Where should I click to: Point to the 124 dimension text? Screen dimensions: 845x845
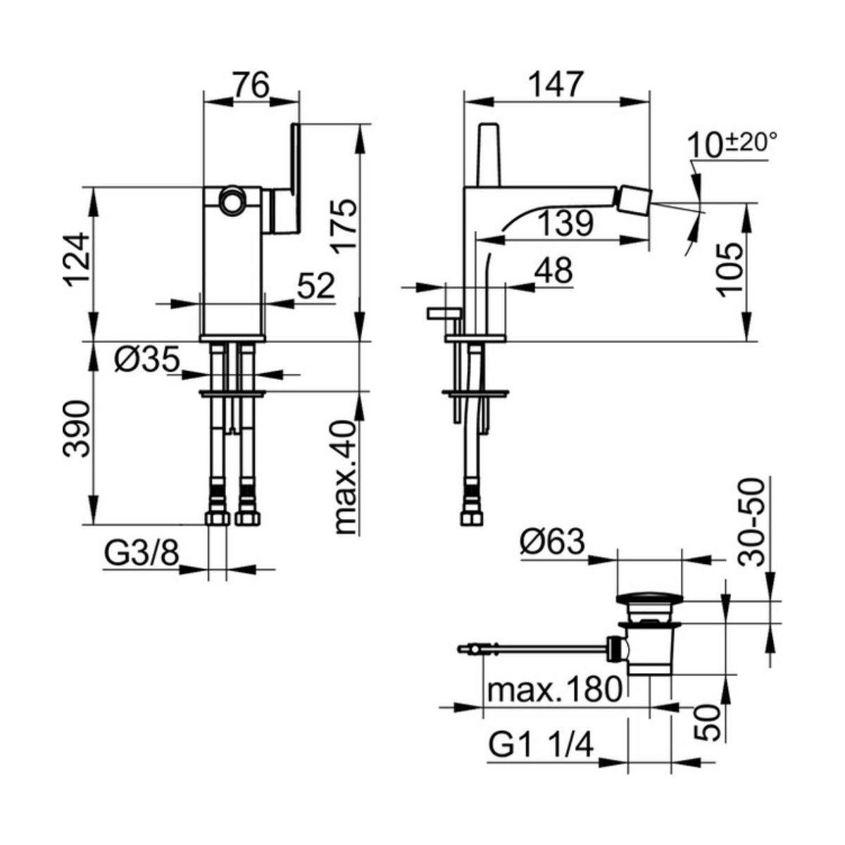click(x=77, y=260)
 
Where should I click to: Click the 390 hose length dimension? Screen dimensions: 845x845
click(x=77, y=429)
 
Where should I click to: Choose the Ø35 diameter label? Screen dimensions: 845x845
click(x=147, y=359)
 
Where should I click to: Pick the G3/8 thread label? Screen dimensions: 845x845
click(x=142, y=553)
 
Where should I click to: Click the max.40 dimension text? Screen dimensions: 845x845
click(x=346, y=477)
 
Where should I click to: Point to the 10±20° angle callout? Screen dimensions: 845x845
click(x=732, y=145)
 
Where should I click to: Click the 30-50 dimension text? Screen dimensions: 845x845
click(x=751, y=522)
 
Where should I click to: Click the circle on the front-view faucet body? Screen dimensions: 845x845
click(x=231, y=201)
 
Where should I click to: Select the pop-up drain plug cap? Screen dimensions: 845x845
click(x=649, y=599)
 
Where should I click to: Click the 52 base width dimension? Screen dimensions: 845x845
click(x=315, y=287)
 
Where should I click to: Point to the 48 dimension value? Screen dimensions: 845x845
click(x=553, y=270)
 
